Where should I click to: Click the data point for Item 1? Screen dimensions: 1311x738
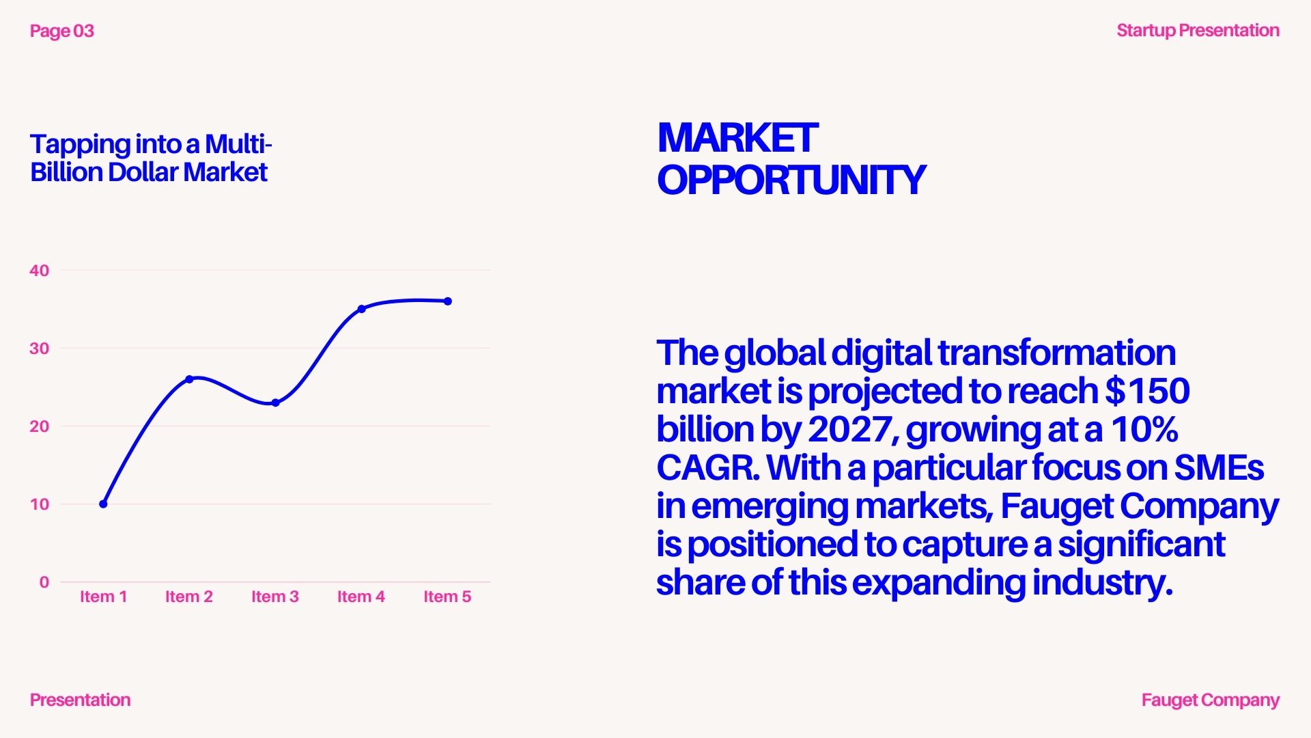[103, 504]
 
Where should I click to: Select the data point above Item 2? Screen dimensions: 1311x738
[189, 379]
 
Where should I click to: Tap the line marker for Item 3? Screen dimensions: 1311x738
[275, 403]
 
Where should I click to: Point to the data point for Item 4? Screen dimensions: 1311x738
[362, 309]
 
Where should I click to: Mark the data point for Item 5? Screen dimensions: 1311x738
[448, 301]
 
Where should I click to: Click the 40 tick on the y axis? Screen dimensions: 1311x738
[40, 271]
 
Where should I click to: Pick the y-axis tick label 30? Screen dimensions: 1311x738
[40, 348]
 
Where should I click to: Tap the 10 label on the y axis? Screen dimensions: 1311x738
[40, 504]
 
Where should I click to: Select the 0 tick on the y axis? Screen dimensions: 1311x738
[44, 582]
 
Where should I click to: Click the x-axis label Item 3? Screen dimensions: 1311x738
[275, 597]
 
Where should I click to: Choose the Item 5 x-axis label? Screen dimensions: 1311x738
[447, 597]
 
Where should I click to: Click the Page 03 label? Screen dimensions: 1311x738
[62, 31]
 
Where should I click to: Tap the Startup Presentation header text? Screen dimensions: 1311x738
[1198, 31]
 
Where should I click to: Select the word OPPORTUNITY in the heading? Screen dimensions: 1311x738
[791, 180]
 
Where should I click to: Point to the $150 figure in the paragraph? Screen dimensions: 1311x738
[1148, 391]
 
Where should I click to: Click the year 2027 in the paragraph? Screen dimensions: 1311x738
[849, 429]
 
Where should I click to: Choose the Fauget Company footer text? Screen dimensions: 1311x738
[1211, 700]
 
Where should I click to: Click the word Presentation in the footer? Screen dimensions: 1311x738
[81, 700]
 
